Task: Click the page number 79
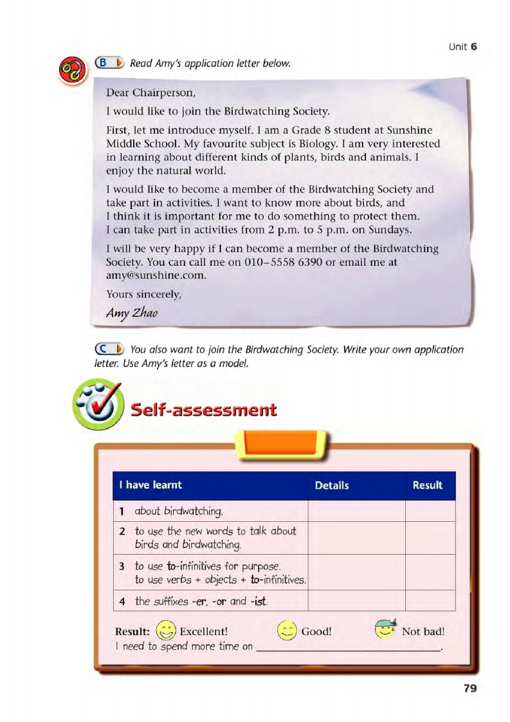tap(469, 688)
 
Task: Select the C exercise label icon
tap(109, 349)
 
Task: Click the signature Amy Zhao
tap(132, 313)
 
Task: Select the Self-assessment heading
tap(203, 410)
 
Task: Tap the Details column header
tap(332, 485)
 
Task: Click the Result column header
tap(428, 485)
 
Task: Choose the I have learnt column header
tap(154, 485)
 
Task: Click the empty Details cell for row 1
tap(356, 512)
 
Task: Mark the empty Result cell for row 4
tap(430, 600)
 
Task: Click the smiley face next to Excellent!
tap(166, 630)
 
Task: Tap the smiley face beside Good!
tap(287, 630)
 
